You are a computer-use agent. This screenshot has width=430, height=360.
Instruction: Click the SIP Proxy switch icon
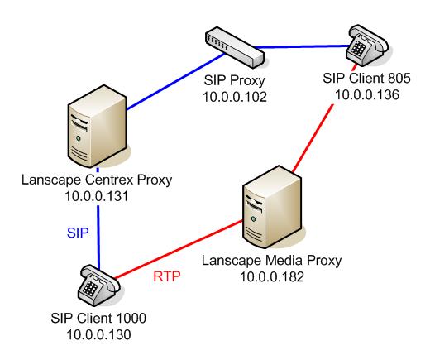pyautogui.click(x=235, y=47)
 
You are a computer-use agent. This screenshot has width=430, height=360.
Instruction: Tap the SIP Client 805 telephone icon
pyautogui.click(x=367, y=46)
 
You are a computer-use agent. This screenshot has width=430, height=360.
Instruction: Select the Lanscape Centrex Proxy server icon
pyautogui.click(x=98, y=126)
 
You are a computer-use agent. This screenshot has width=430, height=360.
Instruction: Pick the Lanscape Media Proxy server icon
pyautogui.click(x=272, y=207)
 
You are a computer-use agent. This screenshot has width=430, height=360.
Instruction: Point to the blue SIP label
pyautogui.click(x=78, y=233)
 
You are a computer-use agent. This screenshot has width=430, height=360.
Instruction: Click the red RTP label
pyautogui.click(x=167, y=276)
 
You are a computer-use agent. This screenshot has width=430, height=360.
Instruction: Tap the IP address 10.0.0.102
pyautogui.click(x=235, y=97)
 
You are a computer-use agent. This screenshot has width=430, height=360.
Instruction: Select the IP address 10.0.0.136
pyautogui.click(x=367, y=95)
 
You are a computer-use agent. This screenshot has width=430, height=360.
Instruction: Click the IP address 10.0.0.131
pyautogui.click(x=97, y=196)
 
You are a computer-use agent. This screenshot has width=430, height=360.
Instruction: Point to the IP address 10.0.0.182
pyautogui.click(x=272, y=276)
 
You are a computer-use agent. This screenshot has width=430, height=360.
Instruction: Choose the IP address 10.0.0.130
pyautogui.click(x=98, y=335)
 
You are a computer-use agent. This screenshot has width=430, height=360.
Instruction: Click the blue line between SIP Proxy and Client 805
pyautogui.click(x=301, y=47)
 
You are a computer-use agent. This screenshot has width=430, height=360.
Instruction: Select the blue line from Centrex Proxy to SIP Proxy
pyautogui.click(x=176, y=81)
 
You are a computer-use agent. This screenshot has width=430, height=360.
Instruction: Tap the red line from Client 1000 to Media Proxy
pyautogui.click(x=179, y=249)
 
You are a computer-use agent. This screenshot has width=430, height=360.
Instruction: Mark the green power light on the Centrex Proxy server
pyautogui.click(x=79, y=138)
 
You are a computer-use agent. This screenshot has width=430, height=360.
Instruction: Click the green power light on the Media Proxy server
pyautogui.click(x=253, y=219)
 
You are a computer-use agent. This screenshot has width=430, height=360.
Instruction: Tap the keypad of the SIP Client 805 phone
pyautogui.click(x=358, y=48)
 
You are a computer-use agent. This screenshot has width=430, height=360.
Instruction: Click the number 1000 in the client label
pyautogui.click(x=131, y=318)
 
